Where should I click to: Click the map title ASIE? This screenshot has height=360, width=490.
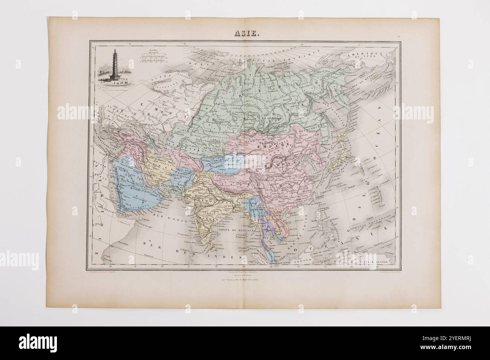tap(245, 34)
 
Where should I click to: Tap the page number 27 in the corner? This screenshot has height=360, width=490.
tap(399, 37)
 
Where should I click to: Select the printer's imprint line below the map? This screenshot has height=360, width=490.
tap(245, 281)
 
